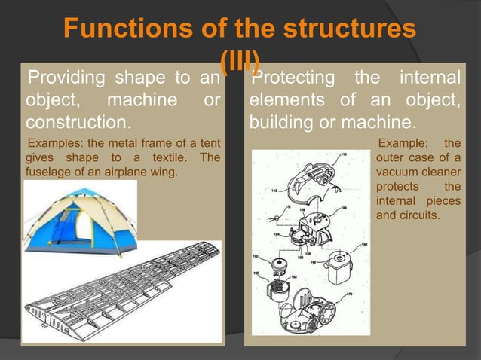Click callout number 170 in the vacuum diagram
tap(349, 294)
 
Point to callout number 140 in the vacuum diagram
tap(364, 244)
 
